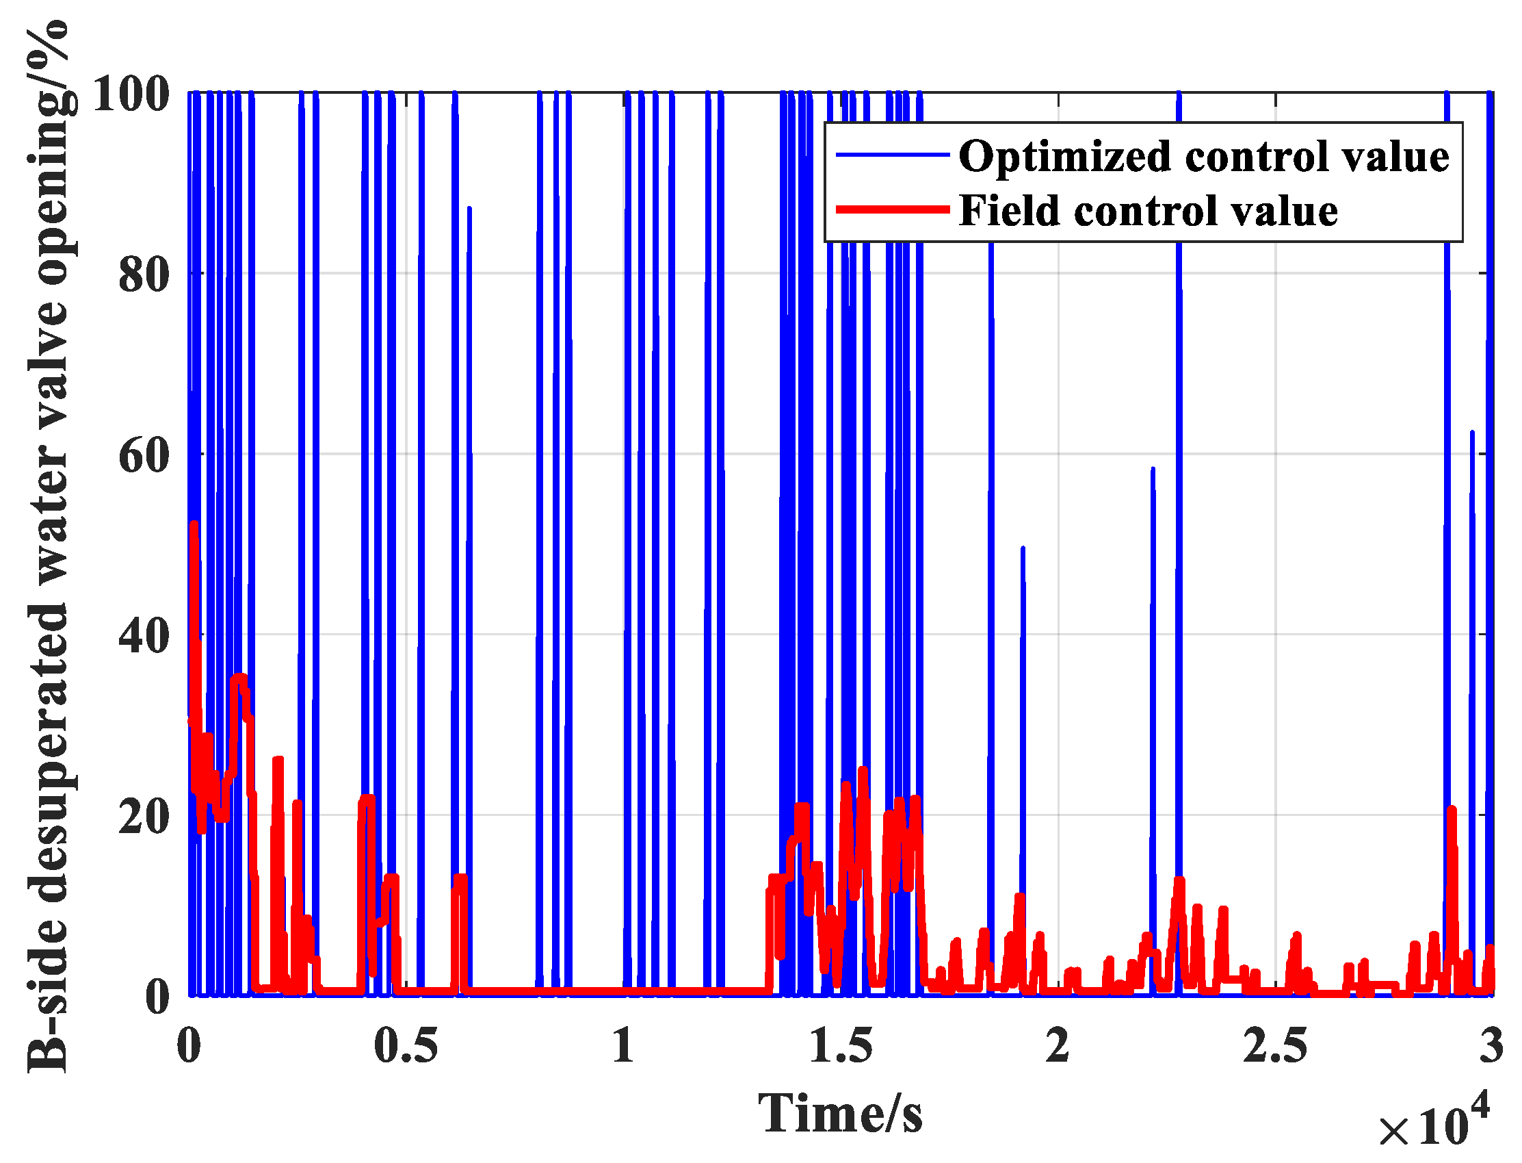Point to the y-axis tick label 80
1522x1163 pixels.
click(144, 274)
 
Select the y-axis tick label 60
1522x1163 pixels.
click(144, 455)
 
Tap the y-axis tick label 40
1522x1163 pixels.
click(144, 635)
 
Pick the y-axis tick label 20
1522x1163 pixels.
click(144, 816)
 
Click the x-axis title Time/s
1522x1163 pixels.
click(840, 1113)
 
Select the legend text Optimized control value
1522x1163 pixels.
click(1204, 157)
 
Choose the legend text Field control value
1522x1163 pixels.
click(1149, 210)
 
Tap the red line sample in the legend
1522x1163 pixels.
click(892, 209)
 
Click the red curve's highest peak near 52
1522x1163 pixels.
click(194, 525)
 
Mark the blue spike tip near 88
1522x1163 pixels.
click(469, 207)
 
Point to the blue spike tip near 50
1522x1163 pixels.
click(1023, 548)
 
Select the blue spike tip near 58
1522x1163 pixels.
click(1153, 470)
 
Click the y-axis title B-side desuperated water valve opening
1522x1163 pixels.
click(49, 547)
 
